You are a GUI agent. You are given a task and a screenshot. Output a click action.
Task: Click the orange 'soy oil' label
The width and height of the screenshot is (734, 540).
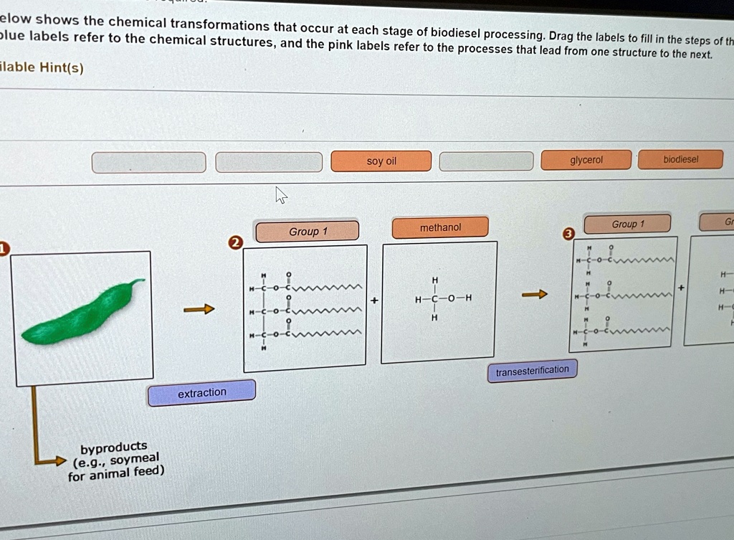tap(381, 161)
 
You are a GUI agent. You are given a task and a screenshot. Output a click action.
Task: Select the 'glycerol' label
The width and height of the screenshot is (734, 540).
tap(586, 160)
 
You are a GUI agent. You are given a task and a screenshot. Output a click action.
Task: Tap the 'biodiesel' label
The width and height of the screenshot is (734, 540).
tap(680, 159)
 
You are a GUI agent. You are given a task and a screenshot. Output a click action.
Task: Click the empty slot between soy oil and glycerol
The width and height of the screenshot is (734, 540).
tap(486, 161)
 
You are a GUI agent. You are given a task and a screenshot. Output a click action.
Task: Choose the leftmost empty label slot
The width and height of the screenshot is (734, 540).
tap(148, 163)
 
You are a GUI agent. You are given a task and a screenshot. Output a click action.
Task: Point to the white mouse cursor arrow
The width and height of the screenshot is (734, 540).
tap(281, 194)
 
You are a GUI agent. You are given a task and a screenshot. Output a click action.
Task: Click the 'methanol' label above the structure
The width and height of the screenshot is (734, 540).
tap(440, 227)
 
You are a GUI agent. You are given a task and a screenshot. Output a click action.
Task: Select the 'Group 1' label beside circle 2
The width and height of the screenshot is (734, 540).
tap(308, 231)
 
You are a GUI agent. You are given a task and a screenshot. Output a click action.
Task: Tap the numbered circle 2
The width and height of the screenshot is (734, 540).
tap(235, 242)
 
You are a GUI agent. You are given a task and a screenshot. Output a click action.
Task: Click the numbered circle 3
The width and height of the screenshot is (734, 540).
tap(568, 235)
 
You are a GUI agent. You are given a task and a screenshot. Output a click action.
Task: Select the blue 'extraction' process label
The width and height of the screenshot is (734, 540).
tap(201, 392)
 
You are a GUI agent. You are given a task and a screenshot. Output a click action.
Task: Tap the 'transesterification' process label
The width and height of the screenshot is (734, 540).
tap(532, 370)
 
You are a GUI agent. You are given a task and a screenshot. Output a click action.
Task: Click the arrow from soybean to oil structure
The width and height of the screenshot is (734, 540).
tap(199, 309)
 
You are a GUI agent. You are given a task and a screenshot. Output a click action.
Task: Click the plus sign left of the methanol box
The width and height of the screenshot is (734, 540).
tap(373, 300)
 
